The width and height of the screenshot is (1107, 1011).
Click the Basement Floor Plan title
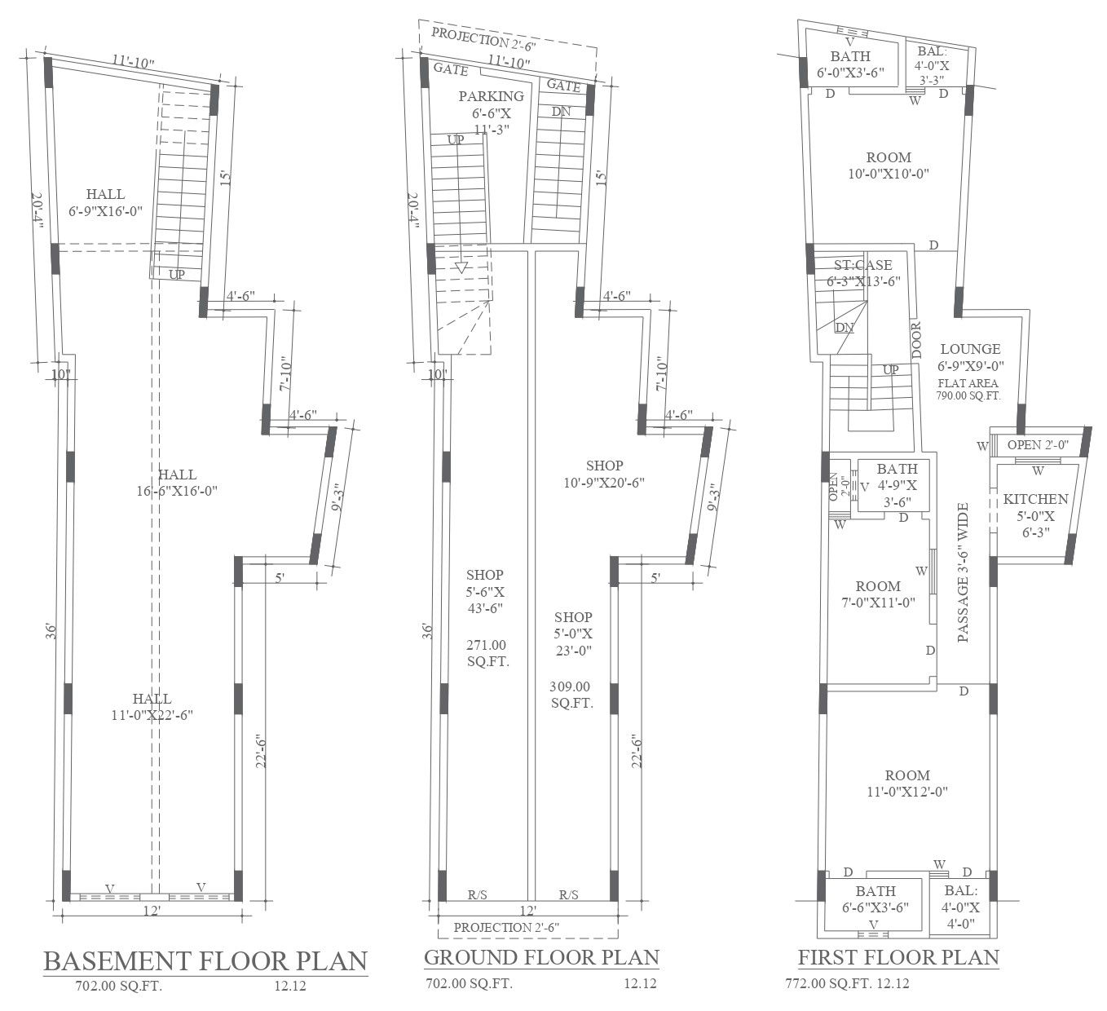click(x=205, y=961)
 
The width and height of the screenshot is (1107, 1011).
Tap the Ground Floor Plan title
click(x=541, y=957)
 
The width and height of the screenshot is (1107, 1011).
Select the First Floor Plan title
click(x=898, y=957)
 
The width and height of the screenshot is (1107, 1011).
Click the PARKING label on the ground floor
click(x=492, y=96)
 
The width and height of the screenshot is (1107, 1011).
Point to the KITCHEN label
click(x=1035, y=499)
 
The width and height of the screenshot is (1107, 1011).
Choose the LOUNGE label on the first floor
click(x=970, y=349)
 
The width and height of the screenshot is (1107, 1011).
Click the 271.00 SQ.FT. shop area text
click(x=487, y=653)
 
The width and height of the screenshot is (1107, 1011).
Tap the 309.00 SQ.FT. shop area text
click(x=571, y=695)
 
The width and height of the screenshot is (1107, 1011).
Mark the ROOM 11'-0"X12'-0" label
click(x=907, y=784)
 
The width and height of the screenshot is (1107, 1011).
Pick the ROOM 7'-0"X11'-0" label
click(x=878, y=594)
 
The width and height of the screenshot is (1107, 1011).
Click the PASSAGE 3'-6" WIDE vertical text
click(x=963, y=572)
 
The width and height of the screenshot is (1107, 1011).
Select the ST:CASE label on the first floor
click(x=863, y=265)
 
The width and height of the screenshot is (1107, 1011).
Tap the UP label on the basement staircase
click(x=177, y=275)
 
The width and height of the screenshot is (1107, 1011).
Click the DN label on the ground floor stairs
click(x=561, y=112)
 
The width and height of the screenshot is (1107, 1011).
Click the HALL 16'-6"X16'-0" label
click(x=177, y=483)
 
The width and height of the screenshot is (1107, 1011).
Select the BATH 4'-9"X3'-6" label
click(x=898, y=485)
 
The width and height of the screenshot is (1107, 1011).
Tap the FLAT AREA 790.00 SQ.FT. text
click(x=968, y=389)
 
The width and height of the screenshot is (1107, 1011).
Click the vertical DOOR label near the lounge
click(x=916, y=340)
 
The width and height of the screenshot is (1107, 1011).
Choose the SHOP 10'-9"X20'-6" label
click(x=604, y=474)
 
